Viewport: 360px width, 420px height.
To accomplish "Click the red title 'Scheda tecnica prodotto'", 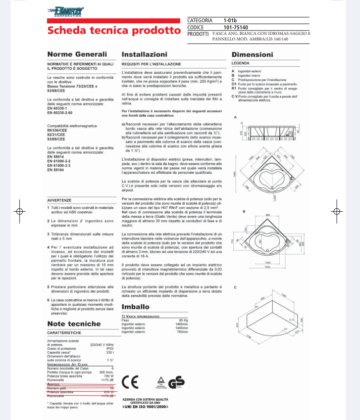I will (114, 30).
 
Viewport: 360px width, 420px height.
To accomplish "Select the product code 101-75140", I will (237, 27).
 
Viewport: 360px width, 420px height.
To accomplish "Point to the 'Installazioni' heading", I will (144, 54).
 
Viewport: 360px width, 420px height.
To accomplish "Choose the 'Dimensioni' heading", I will (252, 54).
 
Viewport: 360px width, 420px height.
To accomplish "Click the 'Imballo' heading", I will (135, 307).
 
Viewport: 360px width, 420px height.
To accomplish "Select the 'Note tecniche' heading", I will (74, 323).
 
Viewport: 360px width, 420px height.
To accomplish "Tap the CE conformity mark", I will (131, 383).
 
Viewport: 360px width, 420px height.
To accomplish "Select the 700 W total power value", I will (109, 376).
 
